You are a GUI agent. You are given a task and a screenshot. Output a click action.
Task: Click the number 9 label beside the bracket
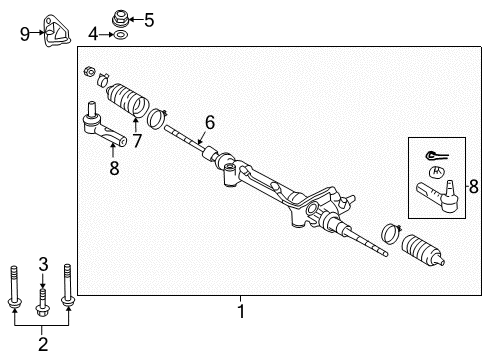25,33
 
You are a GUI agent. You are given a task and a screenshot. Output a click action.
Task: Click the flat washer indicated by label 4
120,36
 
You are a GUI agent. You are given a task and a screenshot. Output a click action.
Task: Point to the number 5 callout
150,19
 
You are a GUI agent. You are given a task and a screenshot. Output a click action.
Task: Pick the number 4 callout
94,35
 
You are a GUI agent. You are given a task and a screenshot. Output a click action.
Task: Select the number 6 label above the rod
209,122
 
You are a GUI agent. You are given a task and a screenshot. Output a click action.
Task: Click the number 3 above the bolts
43,263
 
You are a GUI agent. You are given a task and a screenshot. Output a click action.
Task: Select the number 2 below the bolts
43,345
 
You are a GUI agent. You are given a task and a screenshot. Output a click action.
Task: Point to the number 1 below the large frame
240,311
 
